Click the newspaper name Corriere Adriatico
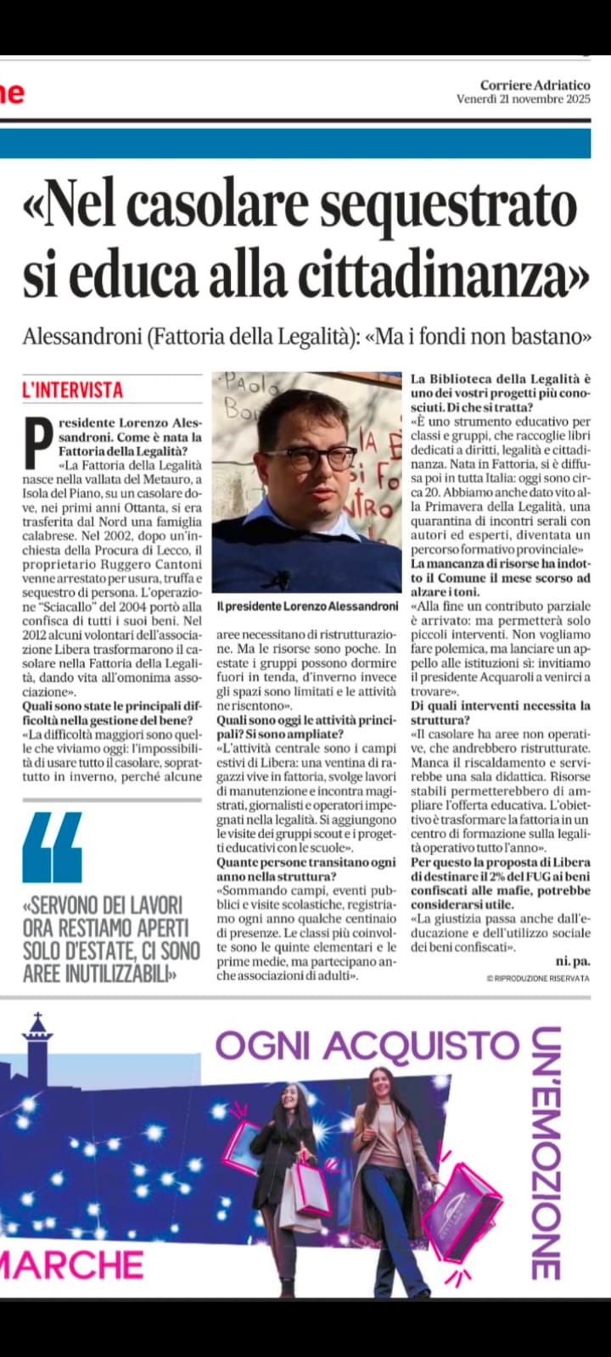click(x=535, y=85)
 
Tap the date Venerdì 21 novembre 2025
click(x=523, y=99)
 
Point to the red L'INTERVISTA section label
click(x=73, y=390)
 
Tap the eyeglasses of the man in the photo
click(x=321, y=457)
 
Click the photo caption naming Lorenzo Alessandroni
click(x=306, y=606)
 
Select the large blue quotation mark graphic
click(x=53, y=847)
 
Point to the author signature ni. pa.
click(x=572, y=961)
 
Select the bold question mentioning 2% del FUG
click(x=500, y=884)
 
